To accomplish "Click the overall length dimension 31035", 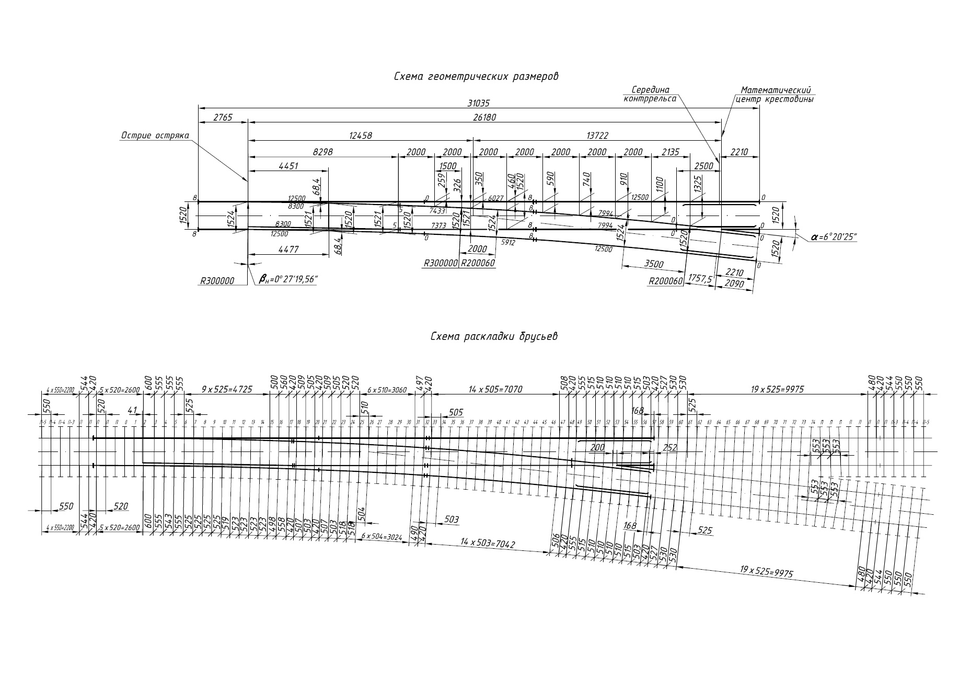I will click(x=478, y=103).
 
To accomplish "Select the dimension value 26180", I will click(x=484, y=118).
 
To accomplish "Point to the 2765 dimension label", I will click(x=223, y=118).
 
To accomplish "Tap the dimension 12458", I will click(x=360, y=135).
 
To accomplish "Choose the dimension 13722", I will click(x=597, y=135).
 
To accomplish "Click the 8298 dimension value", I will click(x=322, y=152).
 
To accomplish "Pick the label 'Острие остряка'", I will click(x=155, y=136).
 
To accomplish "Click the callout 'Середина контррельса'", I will click(x=650, y=94).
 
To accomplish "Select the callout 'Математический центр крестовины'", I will click(x=775, y=95).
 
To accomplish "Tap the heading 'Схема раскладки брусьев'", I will click(x=494, y=336).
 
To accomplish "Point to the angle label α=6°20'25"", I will click(x=834, y=237).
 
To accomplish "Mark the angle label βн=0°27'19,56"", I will click(x=288, y=280).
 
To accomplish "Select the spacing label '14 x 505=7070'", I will click(x=496, y=389).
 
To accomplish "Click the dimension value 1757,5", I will click(x=701, y=278).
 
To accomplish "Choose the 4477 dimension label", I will click(x=288, y=250).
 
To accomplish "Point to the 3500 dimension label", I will click(x=654, y=264).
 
